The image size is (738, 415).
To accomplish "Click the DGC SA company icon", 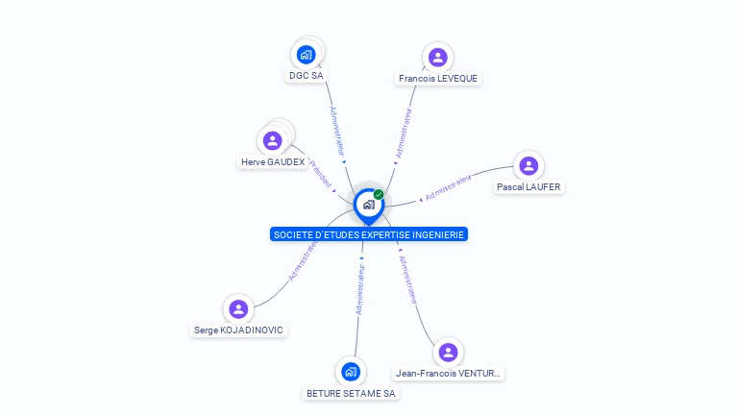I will point(307,54).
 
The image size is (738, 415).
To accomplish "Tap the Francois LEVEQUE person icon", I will point(438,58).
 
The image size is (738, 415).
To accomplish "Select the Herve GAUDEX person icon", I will point(273,141).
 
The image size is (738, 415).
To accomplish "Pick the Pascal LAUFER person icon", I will point(529,166).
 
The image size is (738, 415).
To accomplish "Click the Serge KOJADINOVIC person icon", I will point(238,309).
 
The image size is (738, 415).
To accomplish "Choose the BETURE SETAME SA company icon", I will point(351,372).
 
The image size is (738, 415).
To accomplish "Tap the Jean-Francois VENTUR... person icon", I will point(448,353).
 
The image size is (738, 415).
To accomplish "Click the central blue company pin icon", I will point(368,205).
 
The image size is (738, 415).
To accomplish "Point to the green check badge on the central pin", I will point(379,195).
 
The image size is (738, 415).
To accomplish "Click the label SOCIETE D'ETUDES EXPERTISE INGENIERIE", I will point(369,234).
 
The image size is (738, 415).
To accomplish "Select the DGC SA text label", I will point(306,75).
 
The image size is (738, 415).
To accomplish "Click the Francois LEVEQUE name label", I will point(438,79).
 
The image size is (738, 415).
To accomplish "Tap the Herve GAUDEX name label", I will point(273,162).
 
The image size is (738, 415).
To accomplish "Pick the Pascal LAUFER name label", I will point(529,187).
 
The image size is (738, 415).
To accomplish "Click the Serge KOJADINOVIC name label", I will point(239,330).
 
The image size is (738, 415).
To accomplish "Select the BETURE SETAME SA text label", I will point(351,393).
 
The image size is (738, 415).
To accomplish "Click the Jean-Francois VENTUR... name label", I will point(449,374).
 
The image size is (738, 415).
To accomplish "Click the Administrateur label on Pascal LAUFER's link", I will point(448,187).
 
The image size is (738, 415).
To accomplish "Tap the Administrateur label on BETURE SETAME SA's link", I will point(360,289).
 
